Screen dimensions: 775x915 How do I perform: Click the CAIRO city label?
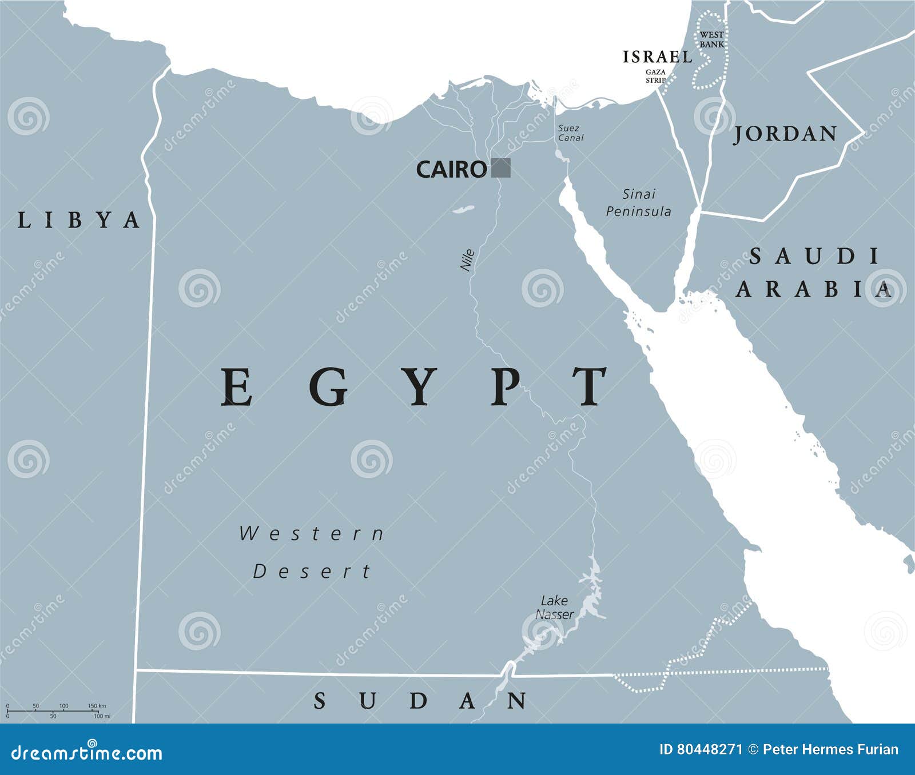click(451, 169)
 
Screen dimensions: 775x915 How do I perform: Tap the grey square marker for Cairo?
click(501, 168)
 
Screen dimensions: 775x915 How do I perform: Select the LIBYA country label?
click(78, 220)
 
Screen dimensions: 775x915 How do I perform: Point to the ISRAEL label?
click(658, 57)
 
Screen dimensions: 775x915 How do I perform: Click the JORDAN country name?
click(785, 134)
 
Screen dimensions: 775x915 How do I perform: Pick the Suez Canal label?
click(570, 133)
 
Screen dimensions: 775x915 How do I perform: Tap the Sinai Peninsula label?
click(639, 203)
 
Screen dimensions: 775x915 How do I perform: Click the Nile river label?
click(468, 260)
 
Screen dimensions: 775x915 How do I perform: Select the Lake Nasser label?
click(554, 608)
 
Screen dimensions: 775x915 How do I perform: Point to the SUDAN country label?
click(420, 701)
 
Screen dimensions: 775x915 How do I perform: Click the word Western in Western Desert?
click(312, 534)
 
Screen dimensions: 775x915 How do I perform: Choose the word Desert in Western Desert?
click(312, 571)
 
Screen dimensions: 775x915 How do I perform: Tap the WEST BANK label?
click(711, 39)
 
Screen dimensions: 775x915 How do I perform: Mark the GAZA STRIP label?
click(655, 76)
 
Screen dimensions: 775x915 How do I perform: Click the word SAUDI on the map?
click(814, 257)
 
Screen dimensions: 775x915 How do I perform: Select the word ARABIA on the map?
click(814, 290)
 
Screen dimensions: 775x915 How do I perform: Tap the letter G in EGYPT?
click(329, 387)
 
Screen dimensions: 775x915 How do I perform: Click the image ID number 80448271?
click(709, 750)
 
